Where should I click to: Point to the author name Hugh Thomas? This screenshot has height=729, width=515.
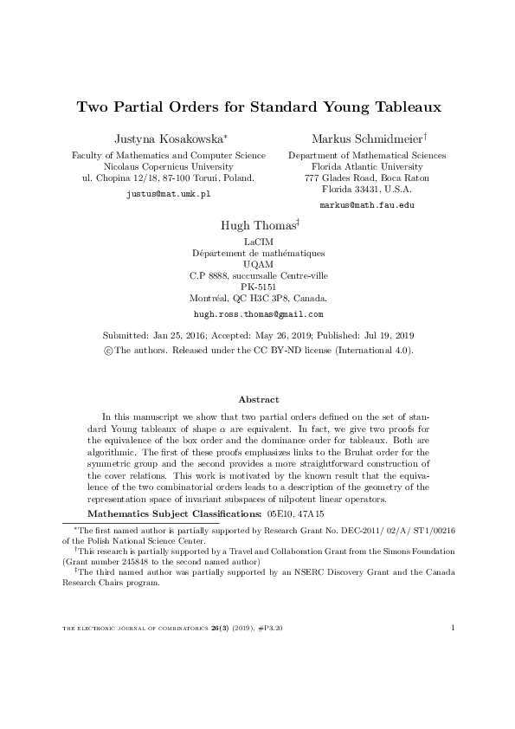tap(257, 225)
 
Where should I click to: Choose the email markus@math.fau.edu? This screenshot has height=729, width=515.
tap(367, 205)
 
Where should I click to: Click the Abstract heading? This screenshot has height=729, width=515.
tap(258, 399)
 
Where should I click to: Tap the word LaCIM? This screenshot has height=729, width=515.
tap(258, 242)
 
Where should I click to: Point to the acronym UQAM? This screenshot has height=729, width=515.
tap(258, 264)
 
